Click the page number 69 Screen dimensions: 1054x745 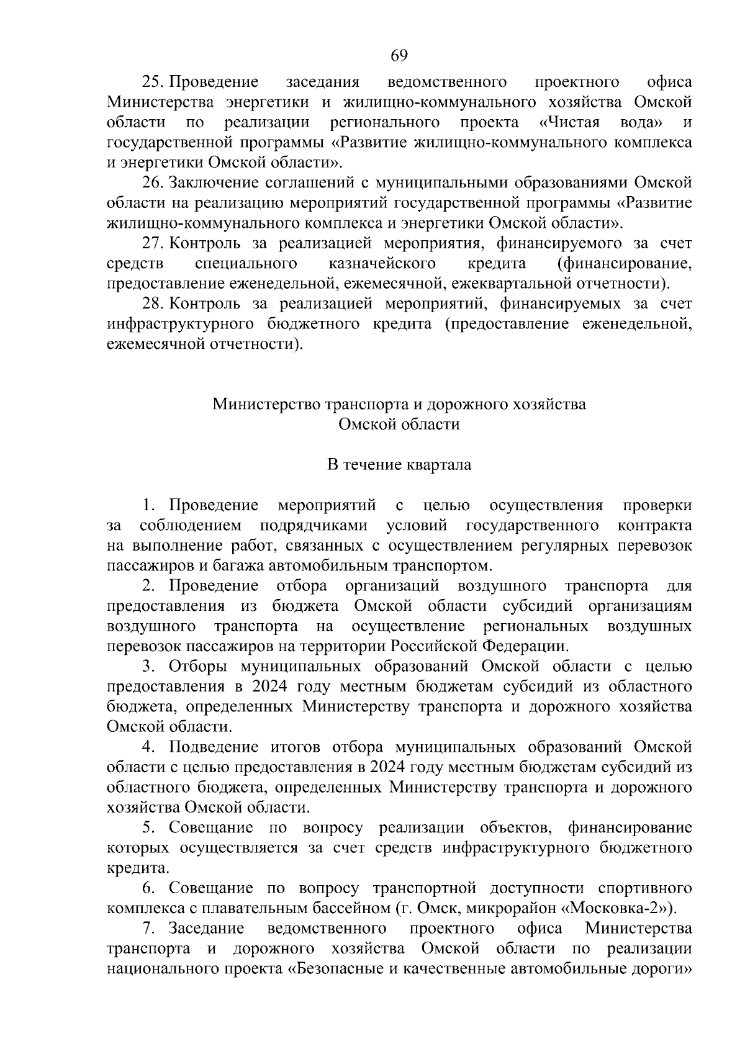pos(399,56)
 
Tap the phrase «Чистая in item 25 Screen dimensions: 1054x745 pos(570,122)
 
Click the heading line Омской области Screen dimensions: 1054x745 pos(399,425)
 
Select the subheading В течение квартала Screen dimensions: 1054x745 pos(399,465)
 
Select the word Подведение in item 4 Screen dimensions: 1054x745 pos(214,747)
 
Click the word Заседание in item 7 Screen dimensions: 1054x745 pos(205,929)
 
